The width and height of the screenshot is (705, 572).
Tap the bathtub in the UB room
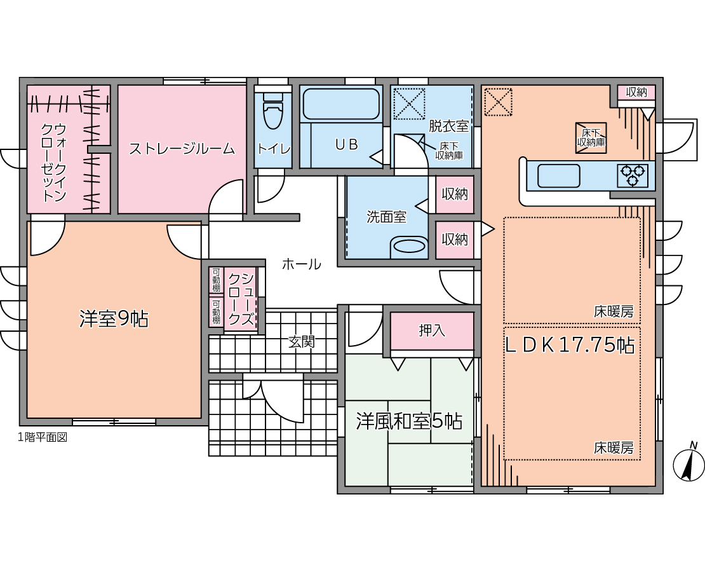pos(341,104)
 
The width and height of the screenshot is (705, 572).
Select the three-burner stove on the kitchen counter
pos(633,175)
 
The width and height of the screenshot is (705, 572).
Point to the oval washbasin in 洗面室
pos(408,247)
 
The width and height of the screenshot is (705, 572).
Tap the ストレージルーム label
pos(182,149)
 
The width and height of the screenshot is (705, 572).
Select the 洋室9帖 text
pos(114,319)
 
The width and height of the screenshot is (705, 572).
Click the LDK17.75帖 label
pos(570,345)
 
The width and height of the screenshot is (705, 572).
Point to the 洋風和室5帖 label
pos(409,421)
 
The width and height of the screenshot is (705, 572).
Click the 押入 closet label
pos(432,330)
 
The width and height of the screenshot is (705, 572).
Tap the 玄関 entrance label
pos(301,342)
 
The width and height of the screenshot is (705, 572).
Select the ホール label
pos(301,264)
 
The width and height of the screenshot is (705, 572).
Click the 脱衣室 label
pos(448,126)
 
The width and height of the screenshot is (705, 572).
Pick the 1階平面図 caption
pos(43,437)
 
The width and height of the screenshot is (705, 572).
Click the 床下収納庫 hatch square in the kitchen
pos(591,138)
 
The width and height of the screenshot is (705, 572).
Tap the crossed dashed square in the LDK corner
pos(498,102)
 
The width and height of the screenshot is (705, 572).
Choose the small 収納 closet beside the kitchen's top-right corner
pos(636,92)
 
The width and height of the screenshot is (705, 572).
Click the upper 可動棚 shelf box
pos(217,280)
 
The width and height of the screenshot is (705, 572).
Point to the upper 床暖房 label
pos(614,311)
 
